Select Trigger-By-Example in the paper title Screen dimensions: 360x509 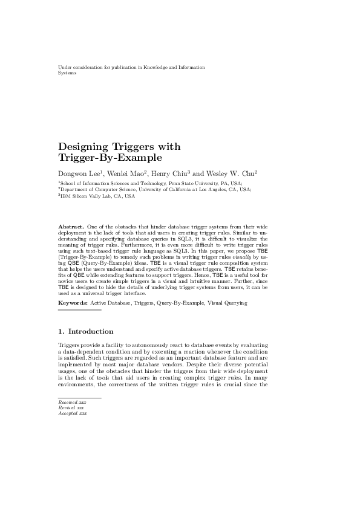[110, 159]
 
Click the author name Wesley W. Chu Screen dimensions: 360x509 [232, 173]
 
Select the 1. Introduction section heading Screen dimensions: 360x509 [85, 332]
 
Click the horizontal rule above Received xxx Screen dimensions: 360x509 [71, 398]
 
